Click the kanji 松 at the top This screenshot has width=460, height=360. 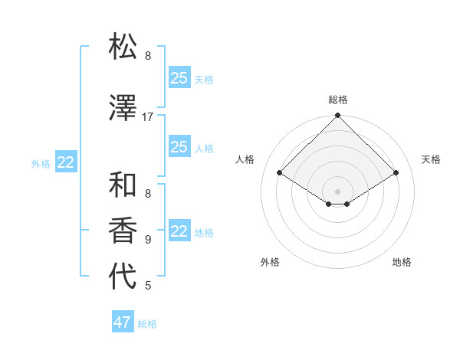tap(123, 47)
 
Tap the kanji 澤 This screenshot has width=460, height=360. tap(123, 109)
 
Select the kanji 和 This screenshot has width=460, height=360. tap(123, 185)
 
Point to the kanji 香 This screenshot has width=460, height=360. tap(123, 231)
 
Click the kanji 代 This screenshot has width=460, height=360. tap(123, 277)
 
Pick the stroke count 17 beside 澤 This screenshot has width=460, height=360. tap(148, 117)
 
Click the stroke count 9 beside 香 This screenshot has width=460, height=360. tap(148, 239)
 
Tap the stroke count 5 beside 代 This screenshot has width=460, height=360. tap(148, 286)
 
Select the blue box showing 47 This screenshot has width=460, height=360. tap(123, 322)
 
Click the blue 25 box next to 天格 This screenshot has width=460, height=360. tap(179, 78)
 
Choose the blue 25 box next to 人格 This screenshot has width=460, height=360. tap(179, 147)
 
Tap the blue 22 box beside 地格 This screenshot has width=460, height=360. tap(179, 231)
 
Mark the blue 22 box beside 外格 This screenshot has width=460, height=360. tap(66, 162)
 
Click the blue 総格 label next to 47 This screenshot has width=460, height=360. tap(147, 324)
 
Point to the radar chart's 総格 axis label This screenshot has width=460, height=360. tap(338, 100)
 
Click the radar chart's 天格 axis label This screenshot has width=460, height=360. tap(432, 159)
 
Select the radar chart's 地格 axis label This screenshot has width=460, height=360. tap(402, 262)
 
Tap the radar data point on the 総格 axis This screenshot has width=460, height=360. tap(338, 116)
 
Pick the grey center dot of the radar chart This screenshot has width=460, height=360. tap(338, 191)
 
